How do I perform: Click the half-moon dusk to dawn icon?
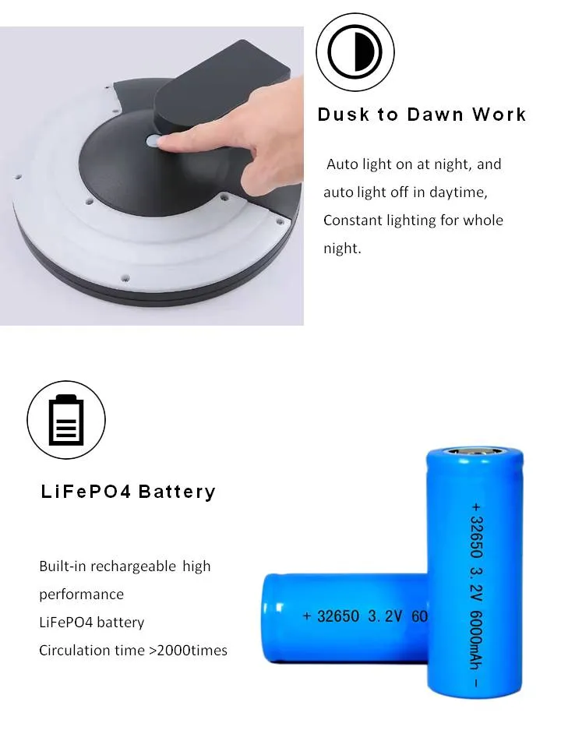click(x=355, y=52)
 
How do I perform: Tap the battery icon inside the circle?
click(x=66, y=420)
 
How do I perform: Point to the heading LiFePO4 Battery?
click(x=128, y=492)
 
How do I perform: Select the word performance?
click(x=81, y=595)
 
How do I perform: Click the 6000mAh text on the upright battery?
click(x=477, y=638)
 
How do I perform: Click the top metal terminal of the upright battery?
click(x=471, y=452)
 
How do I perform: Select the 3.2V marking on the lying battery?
click(x=385, y=616)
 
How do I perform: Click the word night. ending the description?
click(x=342, y=249)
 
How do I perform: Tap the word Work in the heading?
click(x=499, y=115)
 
